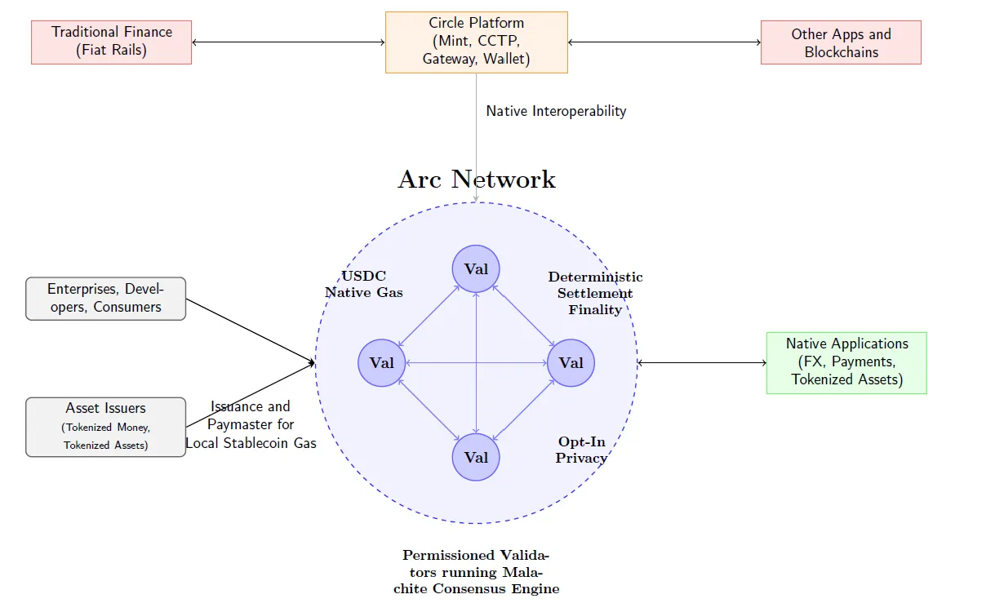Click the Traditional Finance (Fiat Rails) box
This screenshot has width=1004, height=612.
(x=111, y=42)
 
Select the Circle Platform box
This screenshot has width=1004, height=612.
(x=476, y=42)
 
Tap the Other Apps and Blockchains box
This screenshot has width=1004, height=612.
(x=841, y=42)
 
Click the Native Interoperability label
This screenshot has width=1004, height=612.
(x=556, y=111)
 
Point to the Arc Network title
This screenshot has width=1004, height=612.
(x=477, y=180)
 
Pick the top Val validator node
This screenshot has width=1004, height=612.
(x=476, y=268)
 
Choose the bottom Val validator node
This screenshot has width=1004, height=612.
(x=476, y=457)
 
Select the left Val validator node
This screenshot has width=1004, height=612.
(x=382, y=362)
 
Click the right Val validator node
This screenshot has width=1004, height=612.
(x=571, y=362)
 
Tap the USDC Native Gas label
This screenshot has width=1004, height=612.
(x=364, y=284)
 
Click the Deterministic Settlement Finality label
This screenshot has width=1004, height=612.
(x=595, y=293)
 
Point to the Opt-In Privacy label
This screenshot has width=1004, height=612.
(x=581, y=450)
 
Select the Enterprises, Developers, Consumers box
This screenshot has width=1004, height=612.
(x=105, y=298)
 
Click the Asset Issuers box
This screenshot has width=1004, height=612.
(x=105, y=426)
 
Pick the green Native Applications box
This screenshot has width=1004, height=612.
(x=846, y=362)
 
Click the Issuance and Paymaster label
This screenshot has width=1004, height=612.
(x=251, y=424)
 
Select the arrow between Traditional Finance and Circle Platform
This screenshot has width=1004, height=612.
(x=288, y=42)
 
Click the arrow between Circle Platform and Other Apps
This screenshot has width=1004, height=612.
(x=664, y=42)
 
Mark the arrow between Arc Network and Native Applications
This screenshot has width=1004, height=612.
(x=702, y=362)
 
